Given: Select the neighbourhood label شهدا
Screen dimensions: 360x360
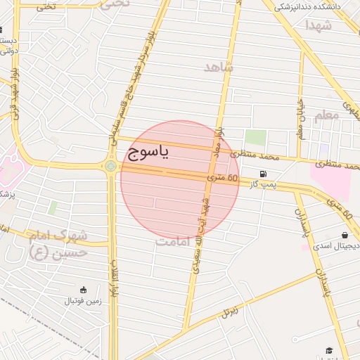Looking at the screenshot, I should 319,25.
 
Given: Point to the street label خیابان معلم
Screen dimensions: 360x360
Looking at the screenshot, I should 300,119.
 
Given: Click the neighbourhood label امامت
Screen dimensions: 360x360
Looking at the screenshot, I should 173,241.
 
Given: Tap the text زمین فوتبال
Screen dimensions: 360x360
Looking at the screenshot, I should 83,301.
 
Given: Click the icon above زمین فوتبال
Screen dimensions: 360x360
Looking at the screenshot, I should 83,289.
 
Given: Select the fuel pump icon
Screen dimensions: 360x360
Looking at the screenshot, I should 263,174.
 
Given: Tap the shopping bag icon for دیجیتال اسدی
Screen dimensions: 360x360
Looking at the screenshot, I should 345,236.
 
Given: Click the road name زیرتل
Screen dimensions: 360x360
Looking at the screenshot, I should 230,309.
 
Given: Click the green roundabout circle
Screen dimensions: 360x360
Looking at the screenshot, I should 110,166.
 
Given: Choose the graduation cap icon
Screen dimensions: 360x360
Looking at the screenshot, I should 328,350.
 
